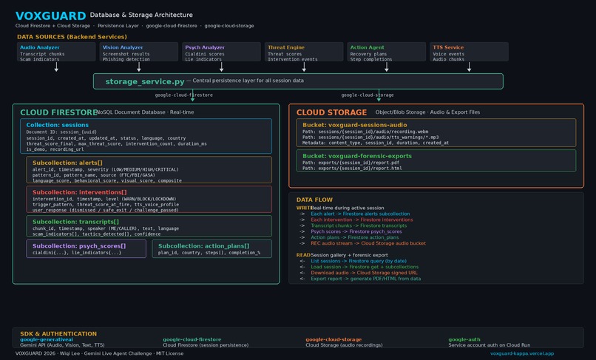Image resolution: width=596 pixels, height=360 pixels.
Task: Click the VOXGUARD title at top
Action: [x=50, y=16]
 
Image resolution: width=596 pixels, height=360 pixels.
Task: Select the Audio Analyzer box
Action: [x=56, y=51]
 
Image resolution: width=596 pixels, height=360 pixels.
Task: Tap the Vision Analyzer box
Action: [x=139, y=51]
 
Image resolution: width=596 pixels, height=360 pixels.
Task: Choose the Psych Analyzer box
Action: [x=221, y=51]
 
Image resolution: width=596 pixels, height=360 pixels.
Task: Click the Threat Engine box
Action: [x=304, y=51]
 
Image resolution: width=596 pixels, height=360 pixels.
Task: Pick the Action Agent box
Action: [x=386, y=51]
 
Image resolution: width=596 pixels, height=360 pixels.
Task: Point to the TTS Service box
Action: [x=469, y=51]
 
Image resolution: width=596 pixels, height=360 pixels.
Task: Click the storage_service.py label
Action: [x=145, y=81]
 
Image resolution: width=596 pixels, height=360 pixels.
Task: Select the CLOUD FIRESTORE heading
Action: [x=58, y=112]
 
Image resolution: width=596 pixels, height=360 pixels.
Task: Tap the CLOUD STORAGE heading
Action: [x=331, y=112]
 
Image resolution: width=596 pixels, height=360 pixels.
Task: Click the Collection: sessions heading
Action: [x=58, y=126]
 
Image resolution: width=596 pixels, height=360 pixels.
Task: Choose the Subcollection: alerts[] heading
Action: [x=67, y=162]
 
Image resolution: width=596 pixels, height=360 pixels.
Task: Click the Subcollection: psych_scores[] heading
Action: [x=79, y=245]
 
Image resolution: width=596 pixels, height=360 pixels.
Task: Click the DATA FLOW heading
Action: [x=314, y=200]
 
